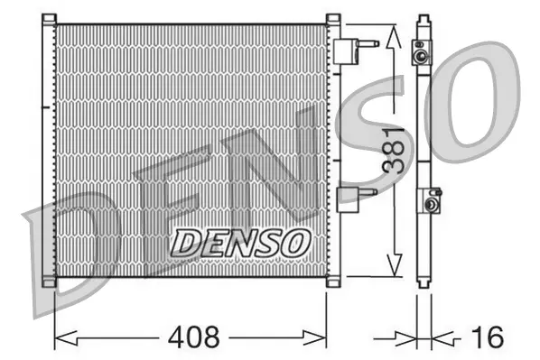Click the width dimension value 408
193,338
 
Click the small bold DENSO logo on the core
241,240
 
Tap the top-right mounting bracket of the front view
332,19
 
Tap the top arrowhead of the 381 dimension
391,36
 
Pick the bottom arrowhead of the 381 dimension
391,265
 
